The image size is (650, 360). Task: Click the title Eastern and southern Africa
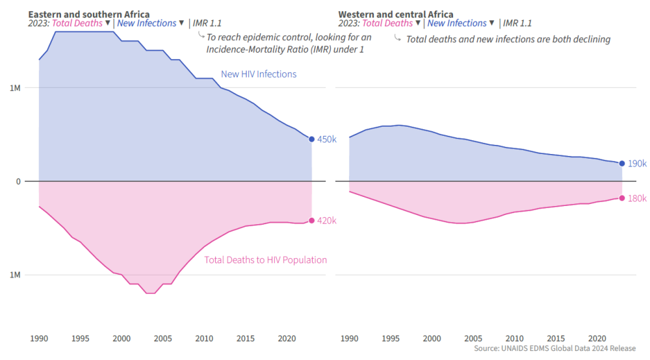(88, 14)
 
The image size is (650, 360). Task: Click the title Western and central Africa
(396, 14)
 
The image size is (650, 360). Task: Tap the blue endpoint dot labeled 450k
(311, 139)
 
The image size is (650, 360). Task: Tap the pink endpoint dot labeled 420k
(311, 220)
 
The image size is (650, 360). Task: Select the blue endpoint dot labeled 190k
(622, 163)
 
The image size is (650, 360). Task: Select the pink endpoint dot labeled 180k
(622, 198)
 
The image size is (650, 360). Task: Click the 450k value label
(326, 139)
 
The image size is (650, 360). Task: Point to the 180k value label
(637, 198)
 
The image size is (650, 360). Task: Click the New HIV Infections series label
(259, 74)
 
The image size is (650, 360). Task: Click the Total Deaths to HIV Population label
(265, 260)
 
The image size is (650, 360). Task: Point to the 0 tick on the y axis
(18, 181)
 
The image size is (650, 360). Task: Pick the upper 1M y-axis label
(14, 88)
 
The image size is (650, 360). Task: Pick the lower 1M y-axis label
(14, 275)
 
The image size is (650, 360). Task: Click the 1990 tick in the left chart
(39, 339)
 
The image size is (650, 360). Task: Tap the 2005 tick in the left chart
(163, 339)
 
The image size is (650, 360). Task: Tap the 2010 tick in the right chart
(515, 339)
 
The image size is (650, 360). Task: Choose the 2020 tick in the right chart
(597, 339)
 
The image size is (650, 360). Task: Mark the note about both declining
(508, 39)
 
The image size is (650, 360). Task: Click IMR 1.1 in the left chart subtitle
(207, 23)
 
